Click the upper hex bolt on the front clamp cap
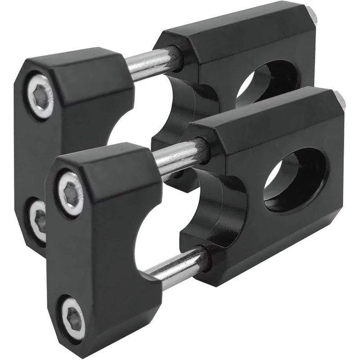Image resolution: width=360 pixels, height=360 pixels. pos(71,193)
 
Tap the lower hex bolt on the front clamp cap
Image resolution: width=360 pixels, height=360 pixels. pos(73,314)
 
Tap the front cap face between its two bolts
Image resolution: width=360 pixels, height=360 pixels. pos(72,252)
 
